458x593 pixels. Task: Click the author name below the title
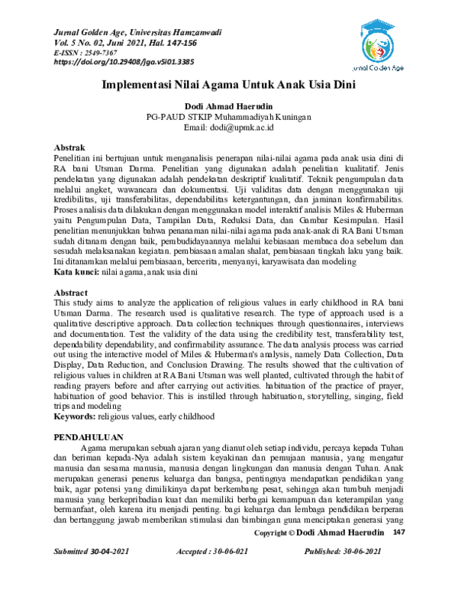point(228,106)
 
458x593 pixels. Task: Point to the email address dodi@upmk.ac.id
point(228,128)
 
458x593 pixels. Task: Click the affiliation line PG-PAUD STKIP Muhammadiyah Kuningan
point(228,117)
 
